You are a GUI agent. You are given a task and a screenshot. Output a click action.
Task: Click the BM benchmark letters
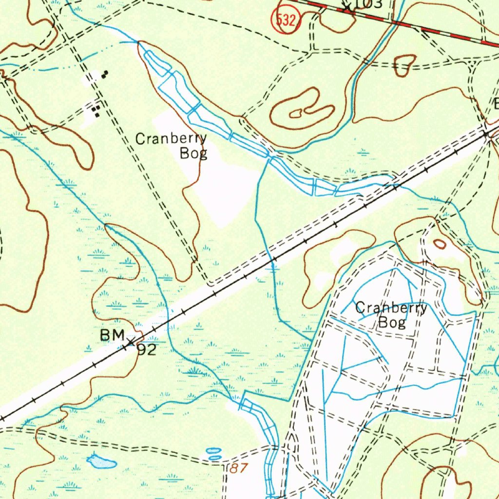[x=111, y=335]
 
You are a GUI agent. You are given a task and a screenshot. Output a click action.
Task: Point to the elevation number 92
[x=146, y=350]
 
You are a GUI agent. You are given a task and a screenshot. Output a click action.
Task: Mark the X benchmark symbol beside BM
[x=130, y=341]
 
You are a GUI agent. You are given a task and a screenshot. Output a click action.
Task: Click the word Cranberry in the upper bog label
[x=171, y=139]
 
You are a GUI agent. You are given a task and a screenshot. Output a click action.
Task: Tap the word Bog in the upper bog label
[x=193, y=154]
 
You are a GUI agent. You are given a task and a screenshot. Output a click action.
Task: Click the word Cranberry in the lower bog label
[x=391, y=308]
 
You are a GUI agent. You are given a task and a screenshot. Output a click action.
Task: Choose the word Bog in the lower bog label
[x=392, y=322]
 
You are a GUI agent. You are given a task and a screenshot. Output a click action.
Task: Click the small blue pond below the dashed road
[x=101, y=461]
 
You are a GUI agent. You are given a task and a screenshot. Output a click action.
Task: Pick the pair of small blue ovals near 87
[x=214, y=454]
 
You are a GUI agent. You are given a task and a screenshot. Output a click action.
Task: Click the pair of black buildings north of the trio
[x=105, y=74]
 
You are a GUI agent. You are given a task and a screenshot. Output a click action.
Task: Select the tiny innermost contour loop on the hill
[x=296, y=114]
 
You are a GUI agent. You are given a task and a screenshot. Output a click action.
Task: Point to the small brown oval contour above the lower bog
[x=440, y=244]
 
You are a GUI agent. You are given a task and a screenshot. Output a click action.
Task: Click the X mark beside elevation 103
[x=347, y=7]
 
